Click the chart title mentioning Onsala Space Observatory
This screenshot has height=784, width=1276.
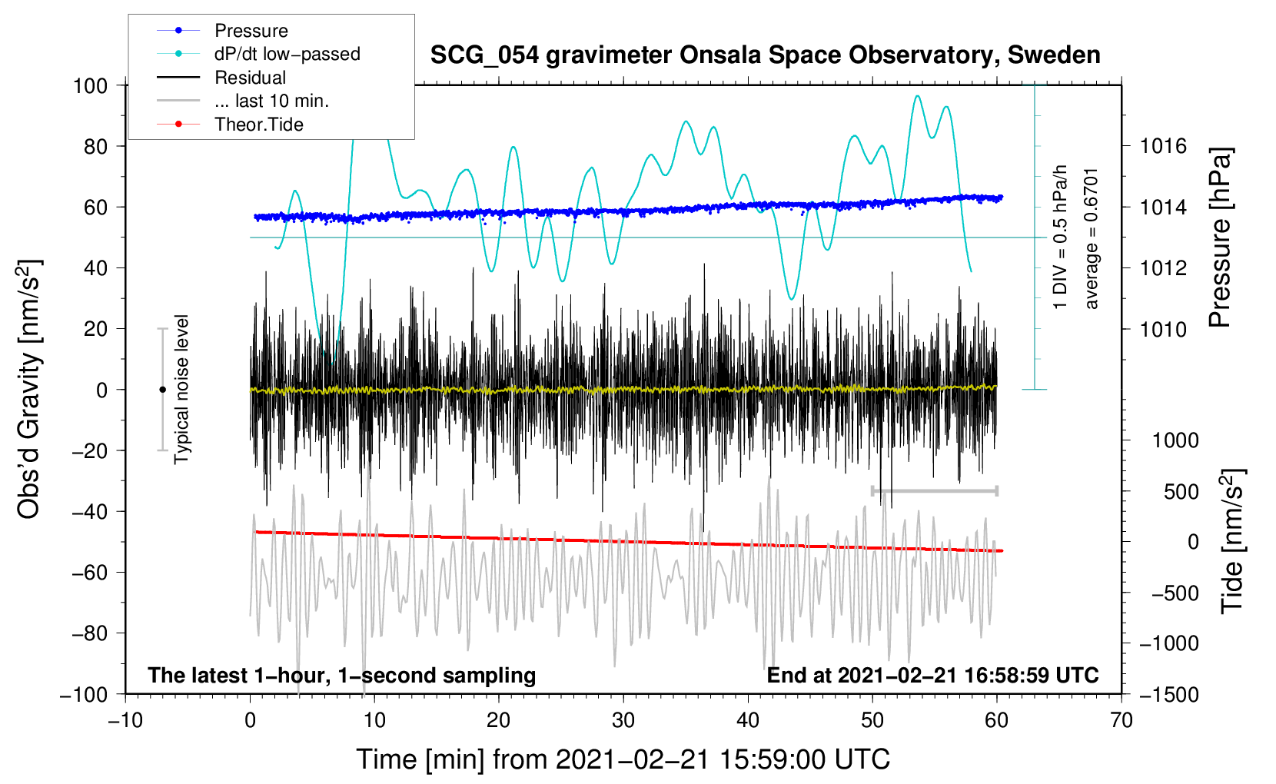click(x=765, y=55)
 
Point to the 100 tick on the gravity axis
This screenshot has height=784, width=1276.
click(x=91, y=86)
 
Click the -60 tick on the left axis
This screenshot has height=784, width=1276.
click(x=90, y=573)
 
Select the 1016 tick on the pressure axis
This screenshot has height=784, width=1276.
click(x=1163, y=147)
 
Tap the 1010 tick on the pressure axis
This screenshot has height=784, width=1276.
click(x=1163, y=329)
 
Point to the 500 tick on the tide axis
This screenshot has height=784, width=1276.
click(x=1181, y=492)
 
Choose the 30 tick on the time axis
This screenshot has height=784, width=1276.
click(x=623, y=720)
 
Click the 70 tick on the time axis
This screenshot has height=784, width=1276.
click(x=1121, y=720)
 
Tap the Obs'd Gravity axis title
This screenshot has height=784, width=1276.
click(x=29, y=389)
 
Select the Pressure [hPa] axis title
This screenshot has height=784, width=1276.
click(x=1220, y=238)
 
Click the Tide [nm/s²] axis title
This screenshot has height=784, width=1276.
click(x=1233, y=541)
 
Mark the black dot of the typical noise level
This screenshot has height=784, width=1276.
click(x=162, y=390)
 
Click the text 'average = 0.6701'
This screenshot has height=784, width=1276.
click(x=1090, y=239)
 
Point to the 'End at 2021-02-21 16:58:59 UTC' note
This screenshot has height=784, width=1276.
click(x=932, y=675)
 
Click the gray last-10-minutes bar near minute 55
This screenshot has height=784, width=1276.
click(x=934, y=490)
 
